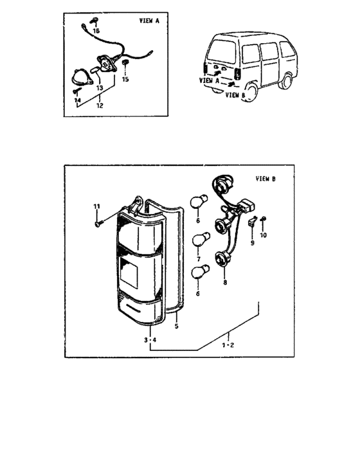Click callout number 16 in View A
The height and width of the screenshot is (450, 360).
click(x=96, y=31)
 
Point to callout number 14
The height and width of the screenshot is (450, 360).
click(x=77, y=100)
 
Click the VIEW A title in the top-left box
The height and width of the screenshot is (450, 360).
click(x=149, y=21)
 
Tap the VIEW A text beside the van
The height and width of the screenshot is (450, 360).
click(x=209, y=82)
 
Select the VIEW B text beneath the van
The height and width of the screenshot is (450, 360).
click(x=235, y=95)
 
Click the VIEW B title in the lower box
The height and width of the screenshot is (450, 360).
click(x=265, y=179)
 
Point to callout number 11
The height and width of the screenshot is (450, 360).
click(x=97, y=206)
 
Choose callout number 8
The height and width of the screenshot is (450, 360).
click(x=224, y=282)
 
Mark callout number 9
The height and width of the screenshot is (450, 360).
click(x=253, y=243)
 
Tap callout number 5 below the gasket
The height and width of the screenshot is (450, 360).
click(x=176, y=326)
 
